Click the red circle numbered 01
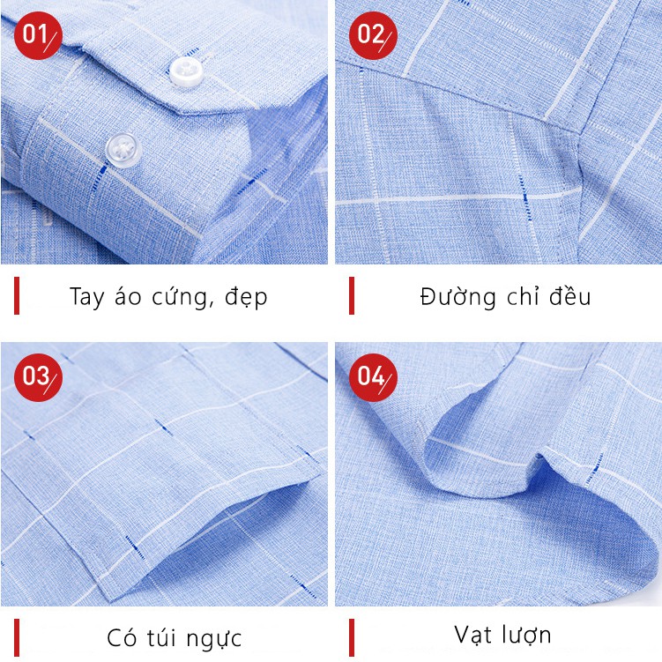tap(37, 35)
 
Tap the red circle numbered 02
tap(372, 35)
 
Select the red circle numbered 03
tap(37, 377)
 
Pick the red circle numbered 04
tap(372, 377)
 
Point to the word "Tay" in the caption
tap(86, 297)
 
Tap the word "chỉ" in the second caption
tap(527, 296)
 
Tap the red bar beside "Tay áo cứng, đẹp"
tap(16, 295)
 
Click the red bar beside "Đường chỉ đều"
tap(351, 295)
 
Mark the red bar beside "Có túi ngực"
tap(16, 636)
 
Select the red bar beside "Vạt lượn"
tap(351, 636)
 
